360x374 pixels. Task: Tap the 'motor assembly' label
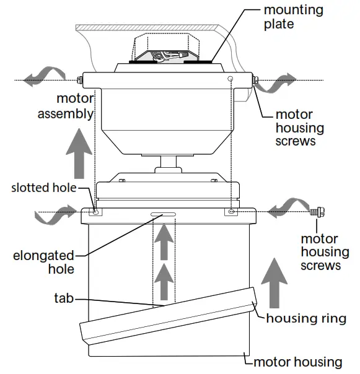(x=66, y=106)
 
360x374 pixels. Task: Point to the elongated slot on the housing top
(x=163, y=215)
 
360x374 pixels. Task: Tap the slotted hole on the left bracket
(x=96, y=212)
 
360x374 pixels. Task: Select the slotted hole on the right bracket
(x=231, y=212)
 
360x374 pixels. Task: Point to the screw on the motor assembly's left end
(x=78, y=80)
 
